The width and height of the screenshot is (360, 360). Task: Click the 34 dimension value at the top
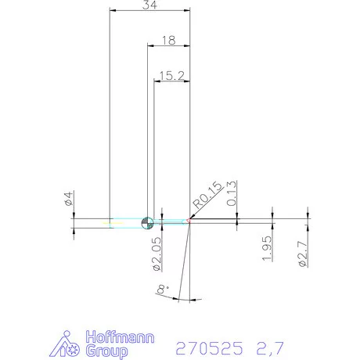pyautogui.click(x=149, y=6)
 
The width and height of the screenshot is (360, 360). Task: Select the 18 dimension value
pyautogui.click(x=168, y=40)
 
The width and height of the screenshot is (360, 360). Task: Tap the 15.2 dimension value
pyautogui.click(x=171, y=75)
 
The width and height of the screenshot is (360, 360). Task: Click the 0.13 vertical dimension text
pyautogui.click(x=232, y=193)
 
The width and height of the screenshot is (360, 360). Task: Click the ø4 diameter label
pyautogui.click(x=68, y=200)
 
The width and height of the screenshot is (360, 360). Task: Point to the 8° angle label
pyautogui.click(x=163, y=290)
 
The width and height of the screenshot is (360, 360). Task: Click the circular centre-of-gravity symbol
pyautogui.click(x=146, y=223)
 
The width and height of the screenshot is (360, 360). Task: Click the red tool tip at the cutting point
pyautogui.click(x=189, y=220)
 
